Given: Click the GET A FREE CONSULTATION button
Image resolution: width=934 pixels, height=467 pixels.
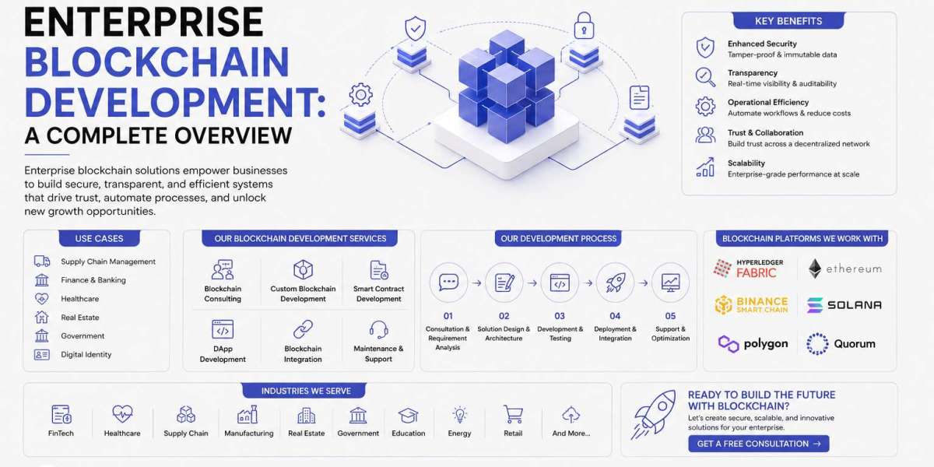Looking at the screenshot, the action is [758, 444].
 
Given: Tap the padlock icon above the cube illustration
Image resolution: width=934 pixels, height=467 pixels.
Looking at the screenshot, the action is [584, 26].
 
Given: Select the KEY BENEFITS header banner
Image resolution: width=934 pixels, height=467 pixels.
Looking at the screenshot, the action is [788, 21].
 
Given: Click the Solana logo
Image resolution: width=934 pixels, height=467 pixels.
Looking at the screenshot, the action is [844, 305].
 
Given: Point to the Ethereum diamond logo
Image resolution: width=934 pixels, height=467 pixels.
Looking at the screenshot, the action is [815, 269].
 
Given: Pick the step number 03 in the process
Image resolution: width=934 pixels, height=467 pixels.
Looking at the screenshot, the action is [560, 316].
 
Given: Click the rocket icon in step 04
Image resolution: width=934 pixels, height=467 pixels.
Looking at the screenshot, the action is [615, 283].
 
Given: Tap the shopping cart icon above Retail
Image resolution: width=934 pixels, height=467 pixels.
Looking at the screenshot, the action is [513, 414].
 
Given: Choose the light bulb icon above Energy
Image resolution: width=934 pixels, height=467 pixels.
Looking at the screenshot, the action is [459, 415].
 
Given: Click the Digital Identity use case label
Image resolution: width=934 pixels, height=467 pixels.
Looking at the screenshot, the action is [86, 354].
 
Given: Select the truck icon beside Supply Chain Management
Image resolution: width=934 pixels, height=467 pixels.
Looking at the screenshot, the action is [42, 262].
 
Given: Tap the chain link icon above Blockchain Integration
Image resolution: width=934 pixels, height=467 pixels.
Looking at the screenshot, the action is [303, 329].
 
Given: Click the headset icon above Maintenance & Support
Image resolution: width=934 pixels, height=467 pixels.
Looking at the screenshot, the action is [378, 329].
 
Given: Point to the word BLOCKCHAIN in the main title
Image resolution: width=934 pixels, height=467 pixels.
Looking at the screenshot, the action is [156, 62].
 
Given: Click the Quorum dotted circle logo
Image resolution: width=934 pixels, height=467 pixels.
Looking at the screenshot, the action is [817, 344].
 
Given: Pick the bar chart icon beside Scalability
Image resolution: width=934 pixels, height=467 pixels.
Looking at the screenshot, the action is [705, 167].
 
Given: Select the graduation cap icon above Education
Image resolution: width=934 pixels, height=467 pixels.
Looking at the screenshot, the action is [408, 416].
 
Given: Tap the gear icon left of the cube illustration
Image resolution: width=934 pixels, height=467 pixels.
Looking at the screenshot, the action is [360, 95].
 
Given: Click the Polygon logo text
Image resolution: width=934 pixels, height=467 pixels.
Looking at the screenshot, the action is [766, 344].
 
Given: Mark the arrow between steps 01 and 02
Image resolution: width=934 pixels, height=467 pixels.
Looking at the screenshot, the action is [476, 283].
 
